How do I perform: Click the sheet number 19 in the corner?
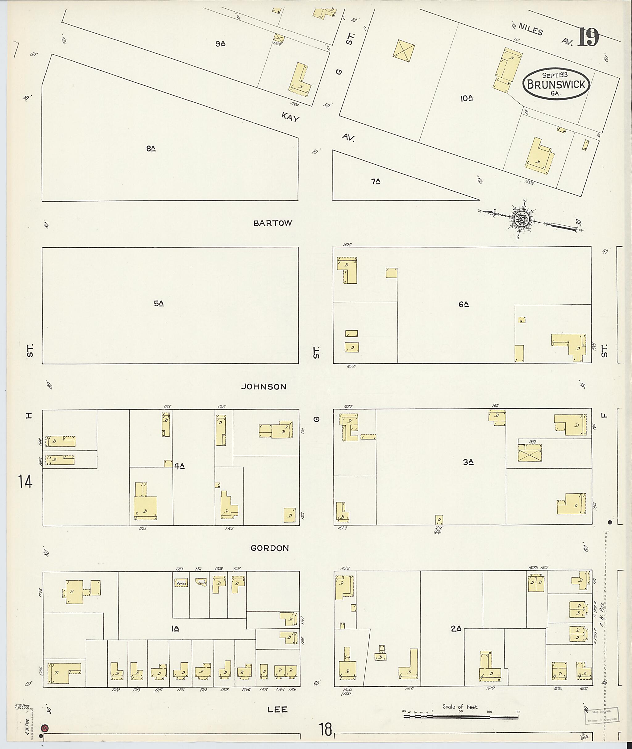tap(588, 37)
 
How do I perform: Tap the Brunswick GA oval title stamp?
tap(556, 84)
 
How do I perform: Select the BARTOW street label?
tap(273, 223)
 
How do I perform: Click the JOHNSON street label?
tap(264, 387)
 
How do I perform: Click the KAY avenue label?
tap(290, 117)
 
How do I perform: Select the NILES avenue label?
tap(530, 30)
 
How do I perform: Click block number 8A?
tap(151, 149)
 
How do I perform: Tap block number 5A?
tap(159, 303)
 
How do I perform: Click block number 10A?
tap(467, 98)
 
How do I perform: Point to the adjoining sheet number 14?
tap(25, 482)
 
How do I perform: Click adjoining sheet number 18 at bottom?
tap(326, 729)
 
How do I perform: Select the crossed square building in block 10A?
tap(403, 50)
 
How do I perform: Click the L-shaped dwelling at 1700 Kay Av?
tap(300, 82)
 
